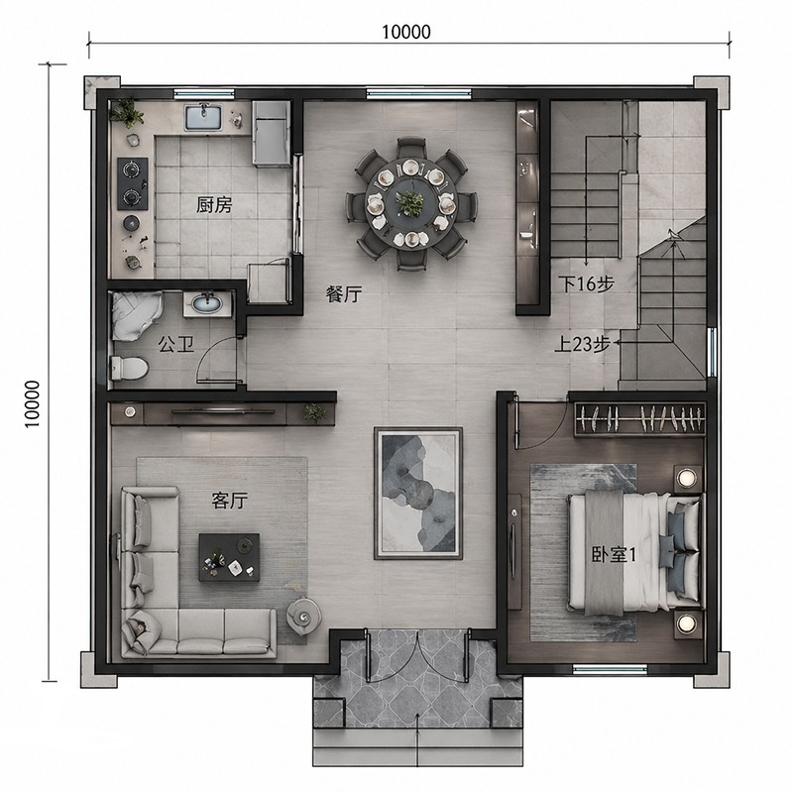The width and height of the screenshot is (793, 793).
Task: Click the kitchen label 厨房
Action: (x=214, y=205)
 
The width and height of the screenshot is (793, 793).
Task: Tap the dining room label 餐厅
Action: (x=344, y=293)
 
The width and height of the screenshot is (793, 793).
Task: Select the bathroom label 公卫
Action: (x=176, y=345)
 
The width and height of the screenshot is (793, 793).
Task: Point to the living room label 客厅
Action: (x=230, y=501)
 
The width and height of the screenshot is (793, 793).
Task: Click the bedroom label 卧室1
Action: (x=614, y=555)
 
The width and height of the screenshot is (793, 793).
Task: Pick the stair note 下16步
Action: (x=587, y=284)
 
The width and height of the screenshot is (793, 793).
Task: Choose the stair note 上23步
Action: (x=582, y=344)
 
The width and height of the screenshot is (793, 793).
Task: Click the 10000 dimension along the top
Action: (x=406, y=32)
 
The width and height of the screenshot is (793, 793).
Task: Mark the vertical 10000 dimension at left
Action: (x=33, y=403)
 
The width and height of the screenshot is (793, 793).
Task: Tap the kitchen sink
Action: (x=204, y=117)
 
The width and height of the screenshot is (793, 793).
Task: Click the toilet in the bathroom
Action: (x=130, y=368)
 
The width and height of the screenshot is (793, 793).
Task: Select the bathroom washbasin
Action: (x=207, y=303)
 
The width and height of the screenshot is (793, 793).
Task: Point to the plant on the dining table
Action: (x=409, y=203)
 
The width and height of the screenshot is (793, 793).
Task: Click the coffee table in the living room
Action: (x=229, y=557)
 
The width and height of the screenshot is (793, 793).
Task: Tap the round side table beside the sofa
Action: (x=304, y=616)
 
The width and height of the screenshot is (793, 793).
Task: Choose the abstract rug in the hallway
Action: (x=418, y=493)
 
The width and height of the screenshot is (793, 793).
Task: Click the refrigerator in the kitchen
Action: (x=272, y=133)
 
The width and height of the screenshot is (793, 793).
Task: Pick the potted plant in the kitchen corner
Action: (x=127, y=112)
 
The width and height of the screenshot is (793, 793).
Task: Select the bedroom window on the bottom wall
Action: (x=610, y=669)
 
